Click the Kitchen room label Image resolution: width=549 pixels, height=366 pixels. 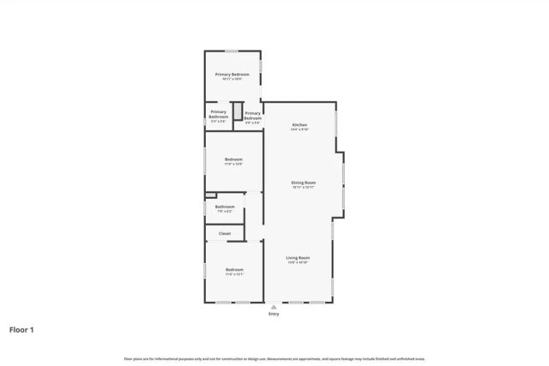(299, 125)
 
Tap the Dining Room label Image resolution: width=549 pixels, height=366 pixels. (303, 183)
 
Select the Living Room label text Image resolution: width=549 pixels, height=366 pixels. (298, 257)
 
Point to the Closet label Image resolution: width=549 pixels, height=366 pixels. (225, 233)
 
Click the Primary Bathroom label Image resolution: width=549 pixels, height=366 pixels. (219, 114)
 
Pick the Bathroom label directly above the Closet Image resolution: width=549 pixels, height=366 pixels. (225, 207)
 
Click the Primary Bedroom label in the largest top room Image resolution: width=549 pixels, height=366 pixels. (232, 75)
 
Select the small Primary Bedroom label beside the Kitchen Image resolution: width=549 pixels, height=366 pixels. (252, 115)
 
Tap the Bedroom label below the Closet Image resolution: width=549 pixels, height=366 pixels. (234, 270)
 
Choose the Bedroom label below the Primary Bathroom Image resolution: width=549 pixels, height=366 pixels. (233, 159)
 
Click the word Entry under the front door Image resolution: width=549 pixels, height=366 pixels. (274, 315)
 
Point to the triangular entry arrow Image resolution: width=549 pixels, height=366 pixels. (274, 306)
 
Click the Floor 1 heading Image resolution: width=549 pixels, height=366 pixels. (22, 329)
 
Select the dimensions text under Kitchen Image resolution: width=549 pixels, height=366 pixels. (299, 130)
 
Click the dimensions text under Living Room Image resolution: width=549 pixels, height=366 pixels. (298, 262)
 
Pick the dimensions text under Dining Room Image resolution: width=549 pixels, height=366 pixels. (303, 188)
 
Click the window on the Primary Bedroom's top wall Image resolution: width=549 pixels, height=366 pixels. (232, 51)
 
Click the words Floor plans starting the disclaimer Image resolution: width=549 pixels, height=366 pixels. (132, 358)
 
